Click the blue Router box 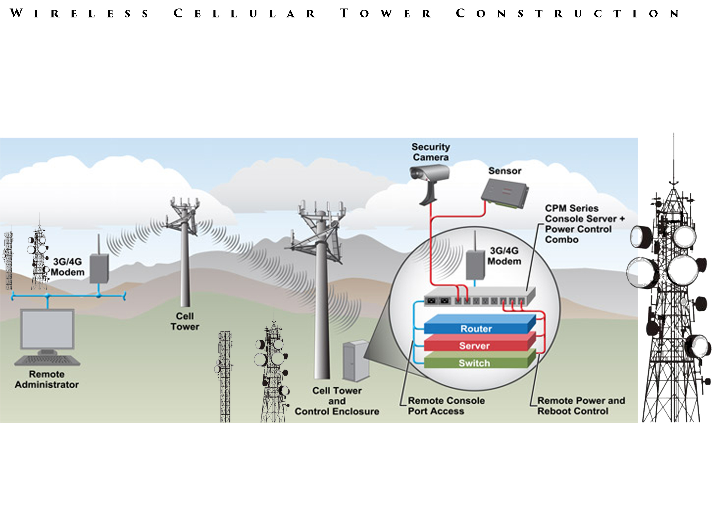click(x=476, y=328)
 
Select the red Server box click(x=475, y=345)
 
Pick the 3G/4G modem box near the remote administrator click(x=99, y=268)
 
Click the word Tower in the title click(x=386, y=14)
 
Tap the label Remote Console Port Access click(x=446, y=406)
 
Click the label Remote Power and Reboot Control click(x=581, y=406)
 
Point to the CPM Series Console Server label click(x=584, y=224)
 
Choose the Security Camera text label click(x=431, y=152)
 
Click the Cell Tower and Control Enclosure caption click(x=337, y=401)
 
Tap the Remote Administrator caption click(x=47, y=379)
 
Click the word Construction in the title click(x=568, y=14)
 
